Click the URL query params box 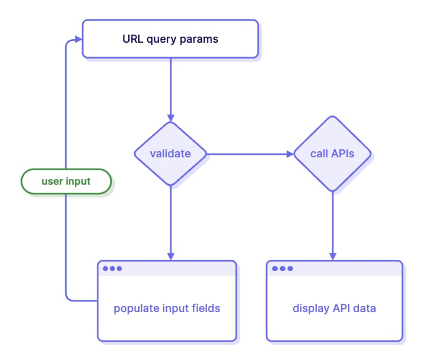click(x=170, y=39)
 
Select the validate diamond click(x=170, y=154)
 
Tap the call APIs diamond click(x=332, y=154)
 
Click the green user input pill click(x=66, y=181)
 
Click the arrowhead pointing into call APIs click(x=290, y=154)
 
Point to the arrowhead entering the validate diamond click(x=171, y=117)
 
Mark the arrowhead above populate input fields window click(x=171, y=256)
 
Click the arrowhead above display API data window click(x=333, y=256)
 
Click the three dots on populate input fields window click(x=112, y=269)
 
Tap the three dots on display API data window click(x=282, y=269)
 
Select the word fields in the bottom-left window click(x=207, y=308)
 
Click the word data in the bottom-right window click(x=364, y=308)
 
